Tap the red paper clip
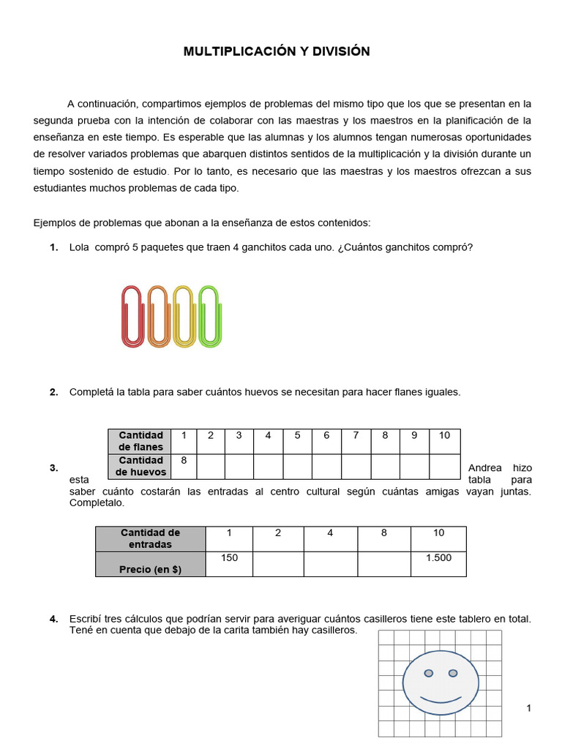[132, 315]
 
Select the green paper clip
[209, 315]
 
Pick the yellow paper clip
[184, 315]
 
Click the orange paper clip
[157, 315]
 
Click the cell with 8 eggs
[184, 460]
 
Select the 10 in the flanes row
[444, 435]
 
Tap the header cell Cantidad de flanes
[140, 441]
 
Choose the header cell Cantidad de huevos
[140, 466]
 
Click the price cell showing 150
[229, 558]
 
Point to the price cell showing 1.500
[438, 558]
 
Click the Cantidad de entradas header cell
[150, 538]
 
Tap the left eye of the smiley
[429, 673]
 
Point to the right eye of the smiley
[452, 673]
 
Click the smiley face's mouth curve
[441, 700]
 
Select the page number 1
[528, 708]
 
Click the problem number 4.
[54, 619]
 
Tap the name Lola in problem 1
[79, 247]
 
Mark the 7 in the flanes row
[356, 435]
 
